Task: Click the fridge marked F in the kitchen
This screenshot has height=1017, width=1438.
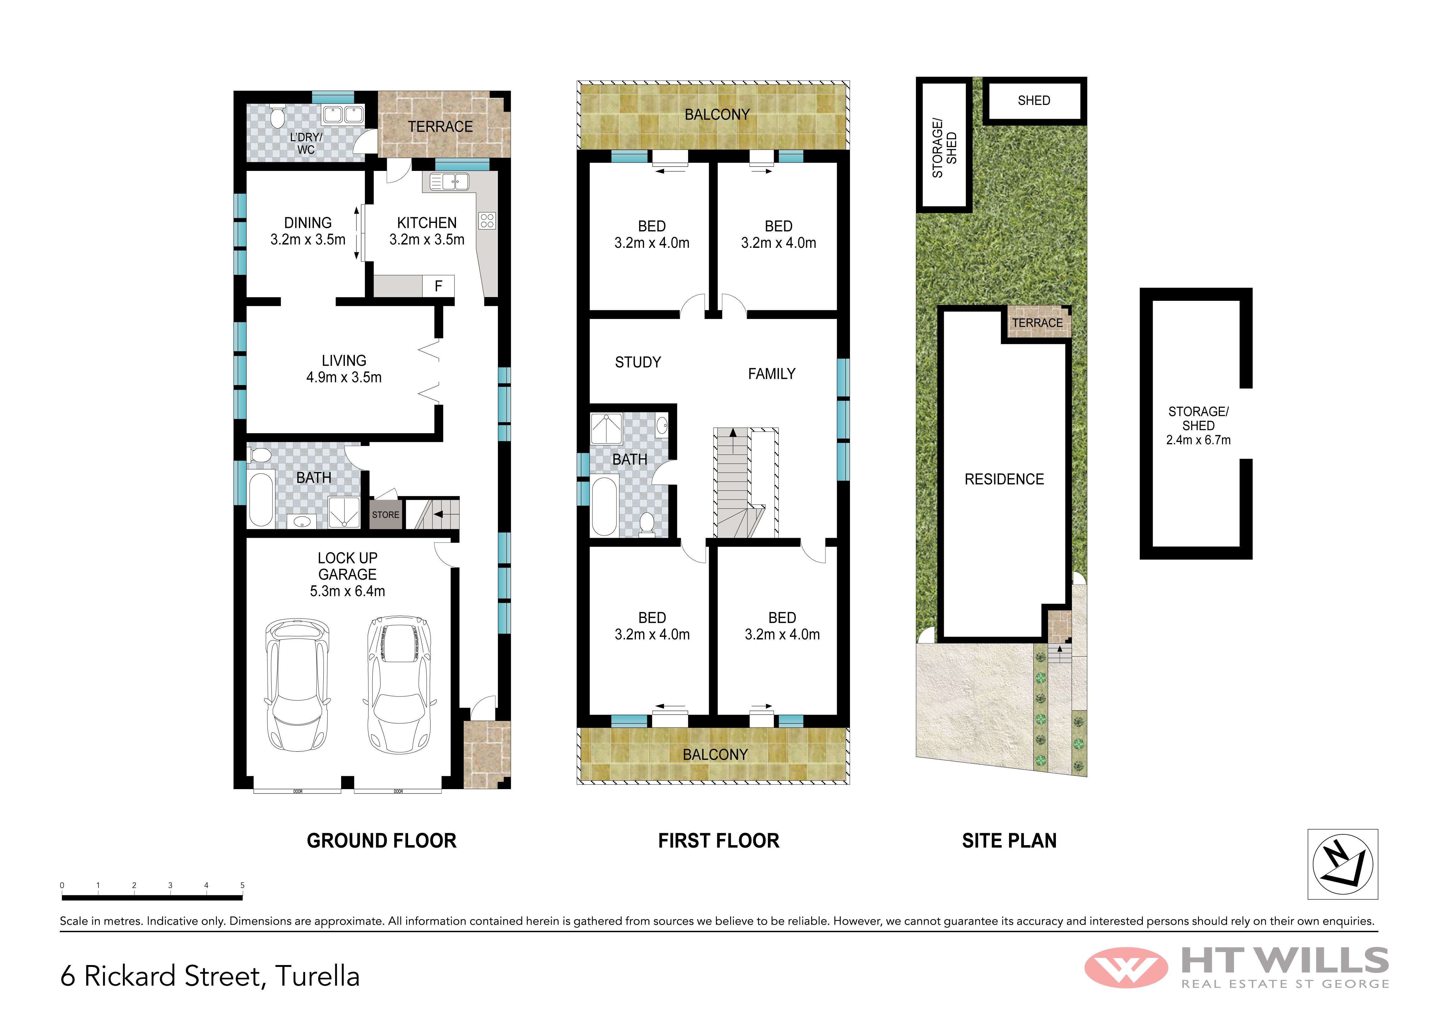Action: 438,286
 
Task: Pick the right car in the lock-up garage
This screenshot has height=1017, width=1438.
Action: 399,684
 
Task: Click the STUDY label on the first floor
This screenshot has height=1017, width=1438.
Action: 637,362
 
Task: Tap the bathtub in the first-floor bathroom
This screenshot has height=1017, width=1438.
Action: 604,506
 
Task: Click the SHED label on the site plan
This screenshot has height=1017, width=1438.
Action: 1034,100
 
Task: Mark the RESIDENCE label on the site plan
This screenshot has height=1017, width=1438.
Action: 1004,479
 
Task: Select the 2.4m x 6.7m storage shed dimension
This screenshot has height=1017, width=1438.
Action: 1198,440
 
